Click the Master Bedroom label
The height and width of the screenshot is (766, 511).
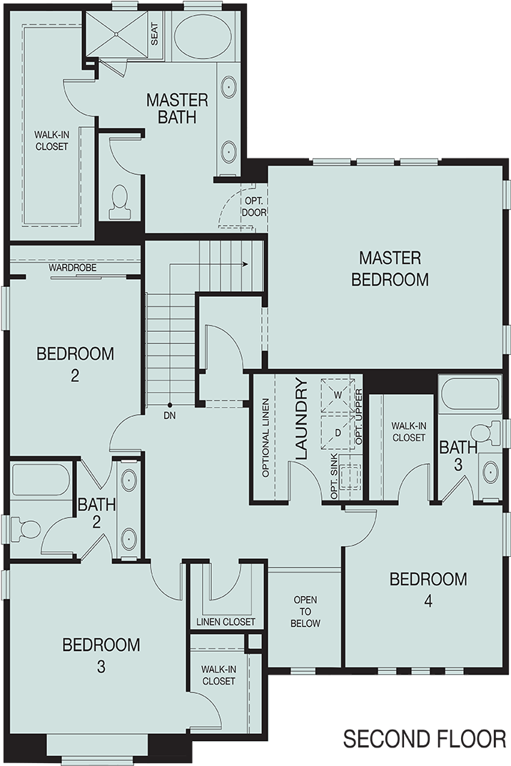tap(390, 268)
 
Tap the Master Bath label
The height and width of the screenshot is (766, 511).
tap(177, 108)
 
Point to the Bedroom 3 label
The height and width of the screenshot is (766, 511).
tap(101, 655)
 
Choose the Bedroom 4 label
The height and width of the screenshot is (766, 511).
tap(428, 589)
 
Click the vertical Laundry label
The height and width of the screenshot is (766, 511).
tap(301, 419)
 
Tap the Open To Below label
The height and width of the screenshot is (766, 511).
tap(305, 612)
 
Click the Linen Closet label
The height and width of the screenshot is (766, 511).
tap(226, 622)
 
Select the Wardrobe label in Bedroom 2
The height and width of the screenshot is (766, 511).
tap(73, 268)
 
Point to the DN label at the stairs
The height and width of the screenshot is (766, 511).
tap(169, 415)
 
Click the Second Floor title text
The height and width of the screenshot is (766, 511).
tap(425, 740)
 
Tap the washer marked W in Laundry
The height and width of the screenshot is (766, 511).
tap(338, 393)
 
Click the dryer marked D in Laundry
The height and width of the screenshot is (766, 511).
tap(338, 431)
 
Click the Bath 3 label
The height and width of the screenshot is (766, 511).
tap(457, 455)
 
